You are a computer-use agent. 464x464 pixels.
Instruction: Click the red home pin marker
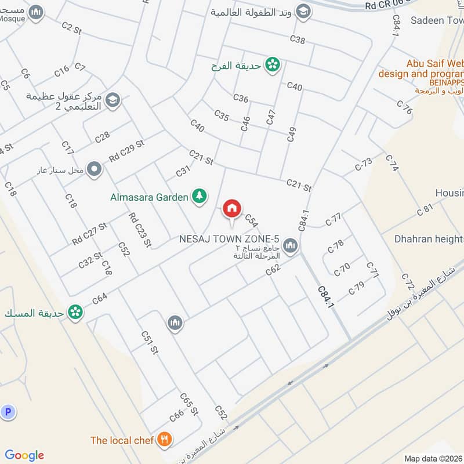tap(232, 208)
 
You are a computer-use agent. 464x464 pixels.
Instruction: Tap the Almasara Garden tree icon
tap(199, 197)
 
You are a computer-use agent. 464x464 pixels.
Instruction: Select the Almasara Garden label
tap(149, 197)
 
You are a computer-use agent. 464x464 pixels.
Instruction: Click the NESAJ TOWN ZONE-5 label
tap(229, 239)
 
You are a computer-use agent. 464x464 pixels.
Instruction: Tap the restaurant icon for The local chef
tap(165, 440)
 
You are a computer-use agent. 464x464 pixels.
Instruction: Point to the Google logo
tap(24, 455)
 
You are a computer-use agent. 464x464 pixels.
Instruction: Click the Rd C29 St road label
tap(126, 151)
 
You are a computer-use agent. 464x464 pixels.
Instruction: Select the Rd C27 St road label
tap(90, 233)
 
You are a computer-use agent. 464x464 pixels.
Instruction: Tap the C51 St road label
tap(150, 342)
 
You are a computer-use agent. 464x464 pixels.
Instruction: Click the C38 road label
tap(297, 39)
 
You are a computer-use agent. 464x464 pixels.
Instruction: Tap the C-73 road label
tap(364, 164)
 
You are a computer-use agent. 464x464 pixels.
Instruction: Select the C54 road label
tap(251, 220)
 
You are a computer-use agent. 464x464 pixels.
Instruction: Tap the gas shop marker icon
tap(95, 170)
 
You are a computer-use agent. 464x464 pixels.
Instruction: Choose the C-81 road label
tap(425, 209)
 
